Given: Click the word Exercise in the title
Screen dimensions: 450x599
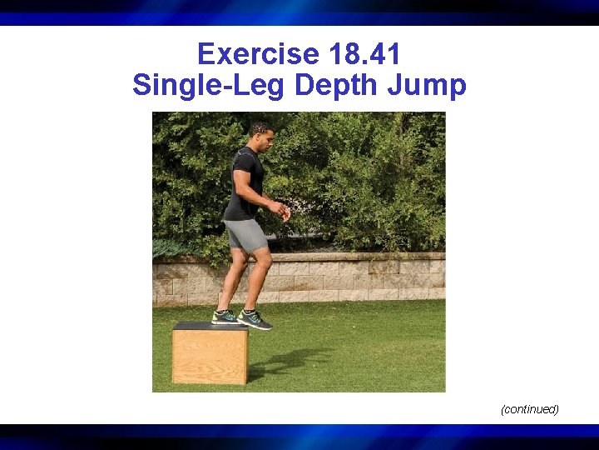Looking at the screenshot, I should tap(258, 55).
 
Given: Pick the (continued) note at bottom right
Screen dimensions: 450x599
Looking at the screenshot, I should tap(529, 409).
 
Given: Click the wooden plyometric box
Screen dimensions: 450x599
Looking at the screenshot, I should tap(210, 353).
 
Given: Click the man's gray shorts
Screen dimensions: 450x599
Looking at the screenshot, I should tap(246, 235).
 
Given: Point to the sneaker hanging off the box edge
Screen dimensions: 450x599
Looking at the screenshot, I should tap(255, 319).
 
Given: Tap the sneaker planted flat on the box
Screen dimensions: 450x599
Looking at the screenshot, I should tap(225, 317).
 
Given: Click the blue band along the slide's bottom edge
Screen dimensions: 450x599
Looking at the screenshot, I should tap(299, 436).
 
